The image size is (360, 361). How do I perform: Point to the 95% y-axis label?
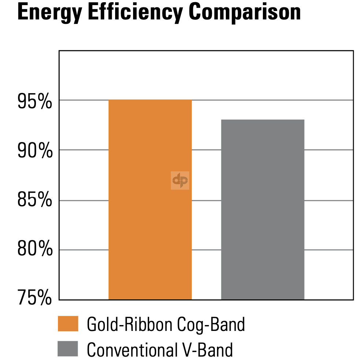pos(35,102)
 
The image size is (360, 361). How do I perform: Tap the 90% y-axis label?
pos(35,152)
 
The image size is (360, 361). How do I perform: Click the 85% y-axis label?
pos(35,201)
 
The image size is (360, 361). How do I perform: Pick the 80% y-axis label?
pos(35,251)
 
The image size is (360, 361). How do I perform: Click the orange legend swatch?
pos(68,324)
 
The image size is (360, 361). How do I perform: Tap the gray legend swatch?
pos(68,349)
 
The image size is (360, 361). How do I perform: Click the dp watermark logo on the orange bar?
pos(180,180)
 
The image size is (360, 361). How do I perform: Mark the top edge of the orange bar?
pos(150,100)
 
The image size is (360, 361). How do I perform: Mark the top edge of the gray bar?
pos(262,120)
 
